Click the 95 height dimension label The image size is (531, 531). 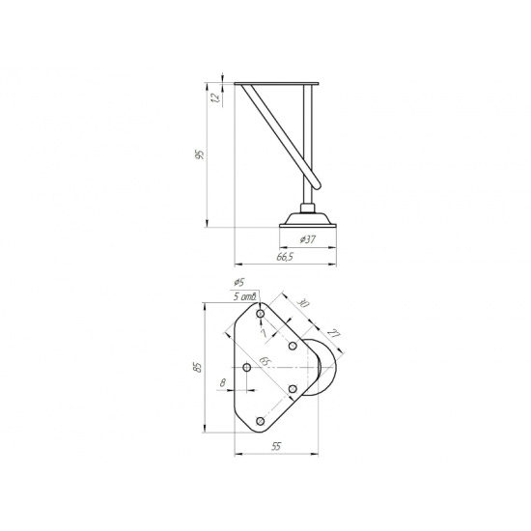point(201,154)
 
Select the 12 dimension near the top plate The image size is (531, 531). point(215,98)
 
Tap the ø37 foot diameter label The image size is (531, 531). point(307,239)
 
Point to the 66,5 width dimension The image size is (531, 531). point(285,257)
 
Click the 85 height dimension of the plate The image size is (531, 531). point(198,368)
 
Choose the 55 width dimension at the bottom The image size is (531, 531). point(276,446)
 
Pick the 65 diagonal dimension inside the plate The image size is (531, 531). point(265,361)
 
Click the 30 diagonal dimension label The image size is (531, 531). point(303,303)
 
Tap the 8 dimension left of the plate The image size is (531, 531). point(222,383)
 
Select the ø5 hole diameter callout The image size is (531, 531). point(239,282)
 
